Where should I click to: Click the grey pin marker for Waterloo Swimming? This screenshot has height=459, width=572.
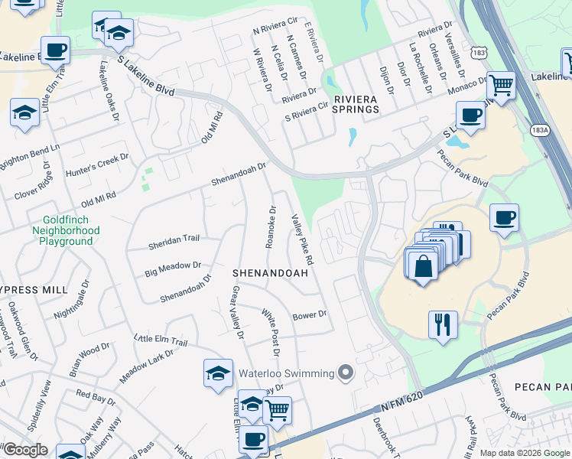point(346,373)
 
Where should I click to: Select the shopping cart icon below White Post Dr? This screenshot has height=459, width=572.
point(277,409)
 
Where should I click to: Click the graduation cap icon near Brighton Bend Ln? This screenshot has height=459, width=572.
point(25,114)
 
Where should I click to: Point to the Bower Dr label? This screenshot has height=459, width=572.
point(310,314)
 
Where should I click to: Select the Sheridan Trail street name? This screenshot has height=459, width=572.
point(174,239)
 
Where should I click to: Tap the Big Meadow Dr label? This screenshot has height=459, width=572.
point(173,269)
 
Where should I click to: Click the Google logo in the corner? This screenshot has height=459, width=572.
point(25,450)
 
